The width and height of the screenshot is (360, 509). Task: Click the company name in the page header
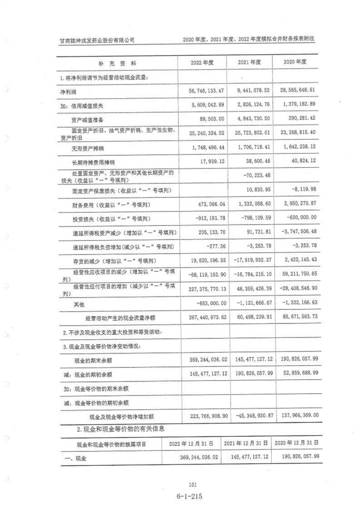tap(98, 39)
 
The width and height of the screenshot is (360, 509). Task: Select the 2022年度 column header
tap(202, 62)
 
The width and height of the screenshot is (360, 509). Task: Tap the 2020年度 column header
tap(295, 62)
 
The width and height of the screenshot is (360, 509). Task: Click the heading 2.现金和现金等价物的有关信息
tap(120, 428)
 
